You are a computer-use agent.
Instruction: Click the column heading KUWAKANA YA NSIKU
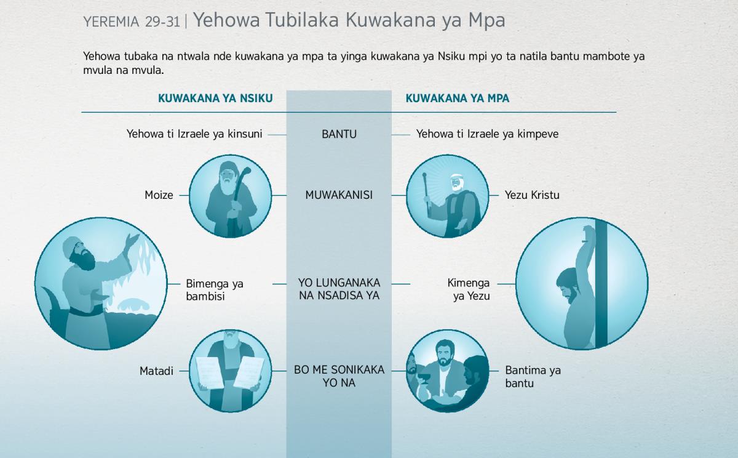coord(215,98)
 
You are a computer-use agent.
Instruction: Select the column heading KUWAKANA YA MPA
coord(458,98)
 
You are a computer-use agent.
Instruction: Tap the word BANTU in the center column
coord(339,134)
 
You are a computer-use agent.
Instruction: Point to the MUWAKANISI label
coord(339,195)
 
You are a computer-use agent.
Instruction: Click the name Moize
coord(159,195)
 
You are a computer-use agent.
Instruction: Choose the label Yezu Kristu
coord(532,195)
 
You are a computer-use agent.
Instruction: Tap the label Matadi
coord(156,371)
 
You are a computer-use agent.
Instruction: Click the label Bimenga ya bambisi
coord(215,290)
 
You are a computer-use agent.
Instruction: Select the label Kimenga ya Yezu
coord(469,289)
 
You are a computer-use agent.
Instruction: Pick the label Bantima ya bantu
coord(533,377)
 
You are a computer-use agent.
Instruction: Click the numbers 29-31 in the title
coord(162,22)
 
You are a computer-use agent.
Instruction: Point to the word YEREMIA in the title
coord(111,22)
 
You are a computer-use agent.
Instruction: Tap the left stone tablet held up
coord(210,372)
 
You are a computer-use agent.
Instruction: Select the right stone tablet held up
coord(248,372)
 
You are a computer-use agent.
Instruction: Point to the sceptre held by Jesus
coord(426,193)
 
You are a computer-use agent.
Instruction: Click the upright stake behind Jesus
coord(601,284)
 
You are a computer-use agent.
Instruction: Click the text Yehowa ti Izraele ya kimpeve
coord(487,134)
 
